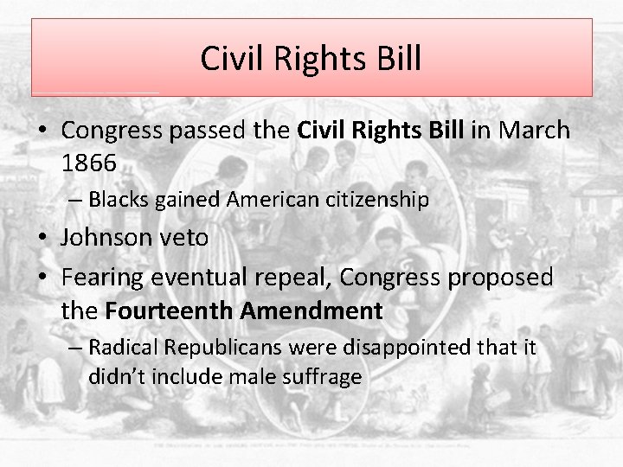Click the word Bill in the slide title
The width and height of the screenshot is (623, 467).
pyautogui.click(x=396, y=59)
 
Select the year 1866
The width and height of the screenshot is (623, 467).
pyautogui.click(x=89, y=162)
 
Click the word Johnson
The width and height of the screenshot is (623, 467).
pyautogui.click(x=108, y=238)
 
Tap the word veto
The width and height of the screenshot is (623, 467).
pyautogui.click(x=185, y=238)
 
